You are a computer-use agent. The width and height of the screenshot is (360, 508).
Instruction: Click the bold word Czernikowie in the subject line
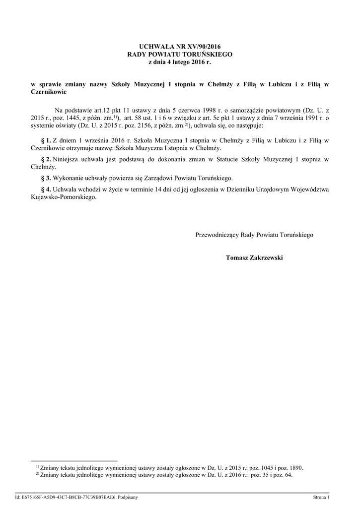coord(49,92)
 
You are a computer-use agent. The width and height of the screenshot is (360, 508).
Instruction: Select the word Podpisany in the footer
coord(128,497)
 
